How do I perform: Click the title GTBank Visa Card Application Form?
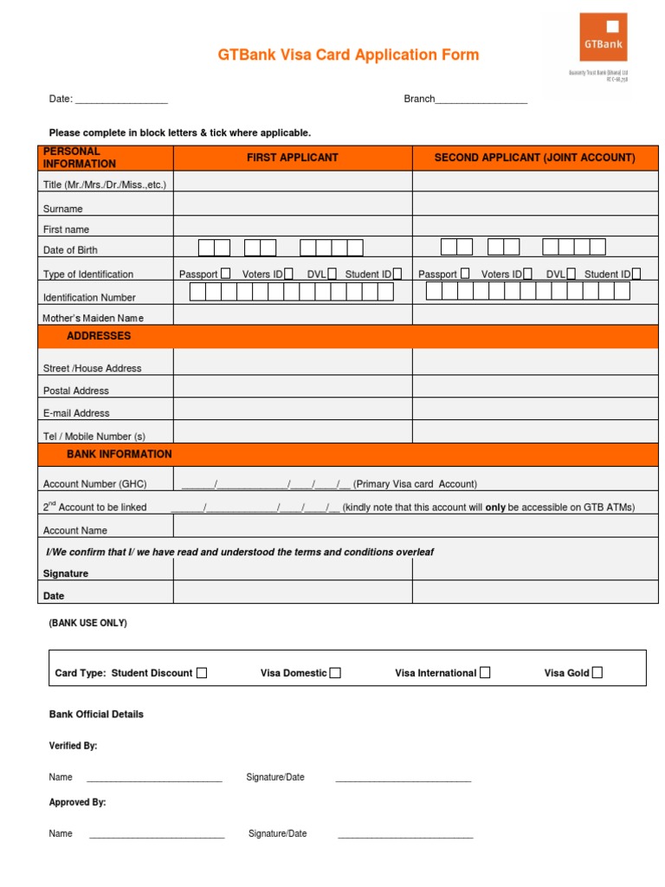coord(348,55)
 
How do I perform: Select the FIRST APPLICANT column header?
coord(293,158)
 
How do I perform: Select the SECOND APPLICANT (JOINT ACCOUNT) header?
coord(534,158)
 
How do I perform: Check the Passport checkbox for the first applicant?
coord(225,274)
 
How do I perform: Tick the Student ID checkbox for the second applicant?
coord(636,274)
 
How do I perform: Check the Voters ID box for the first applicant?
coord(288,274)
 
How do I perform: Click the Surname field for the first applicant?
coord(293,204)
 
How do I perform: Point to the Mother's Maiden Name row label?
coord(94,318)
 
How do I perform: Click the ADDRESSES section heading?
coord(99,336)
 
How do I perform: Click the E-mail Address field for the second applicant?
coord(534,410)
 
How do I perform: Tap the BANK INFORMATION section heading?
coord(119,454)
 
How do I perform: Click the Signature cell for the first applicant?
coord(293,569)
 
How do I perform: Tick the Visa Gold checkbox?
coord(597,672)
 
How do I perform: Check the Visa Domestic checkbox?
coord(335,673)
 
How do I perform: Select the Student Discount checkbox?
coord(202,673)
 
